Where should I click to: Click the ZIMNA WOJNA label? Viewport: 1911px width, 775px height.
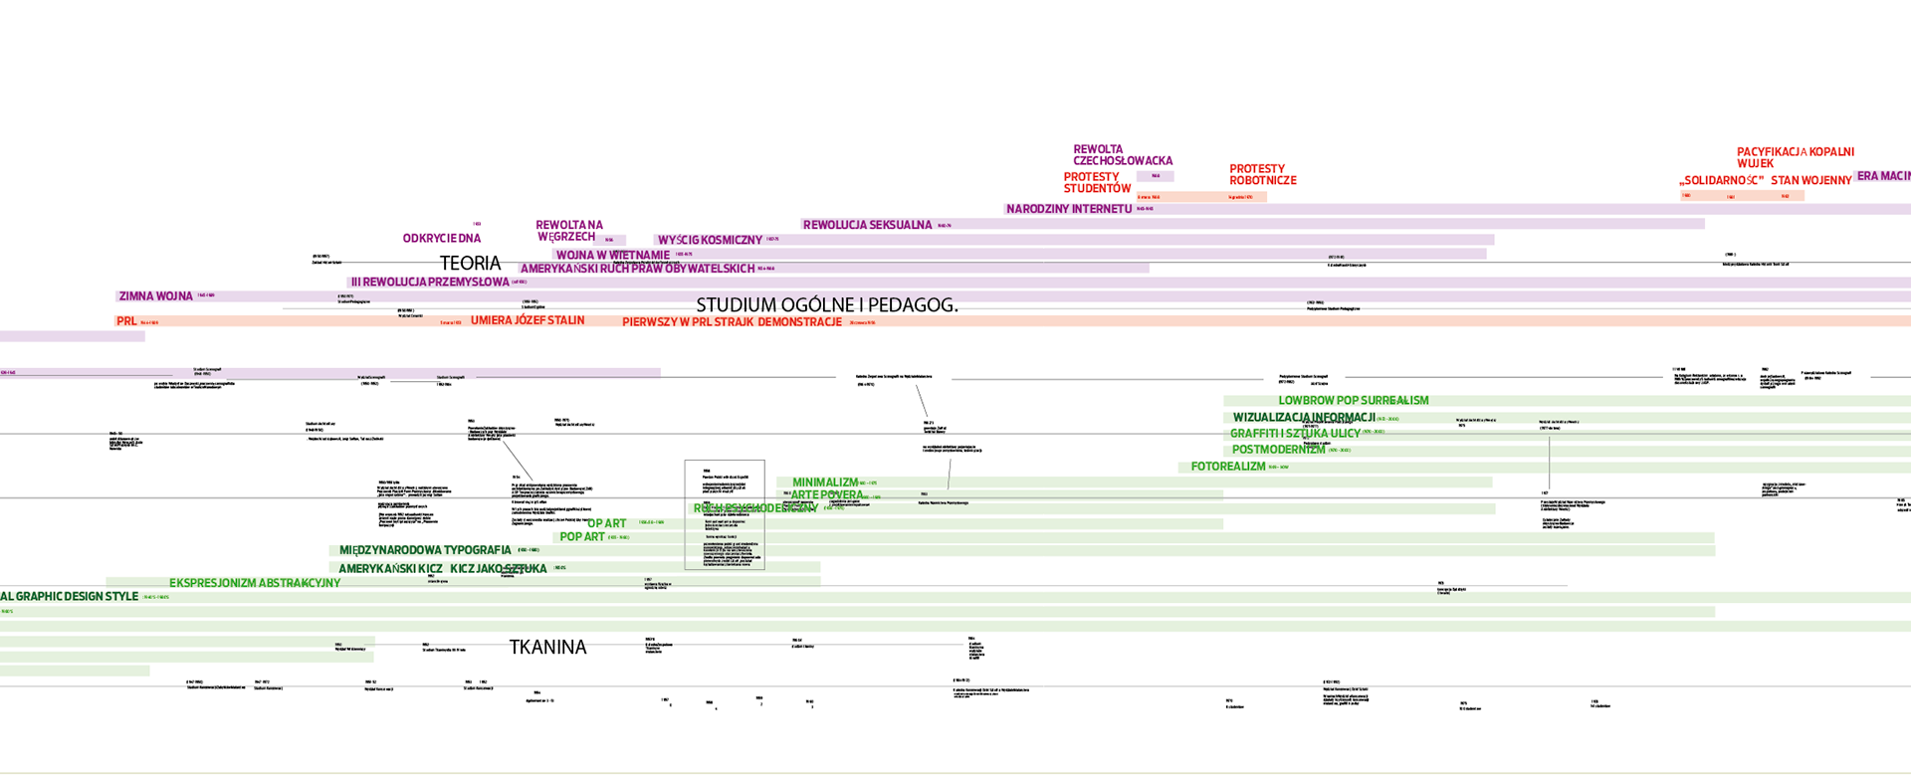(x=155, y=296)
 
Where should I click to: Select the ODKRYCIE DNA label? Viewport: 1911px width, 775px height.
(x=442, y=239)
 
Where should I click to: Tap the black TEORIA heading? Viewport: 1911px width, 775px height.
(x=471, y=264)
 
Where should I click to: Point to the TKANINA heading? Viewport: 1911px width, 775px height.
(x=547, y=648)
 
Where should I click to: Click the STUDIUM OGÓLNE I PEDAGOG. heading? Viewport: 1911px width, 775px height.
(x=827, y=305)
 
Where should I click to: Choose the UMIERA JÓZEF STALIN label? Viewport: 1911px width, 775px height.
(x=528, y=320)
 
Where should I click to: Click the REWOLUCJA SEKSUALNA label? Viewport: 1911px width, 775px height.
(x=867, y=226)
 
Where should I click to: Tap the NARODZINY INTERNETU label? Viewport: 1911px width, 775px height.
(x=1069, y=210)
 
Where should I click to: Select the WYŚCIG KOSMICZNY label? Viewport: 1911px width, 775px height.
(x=710, y=241)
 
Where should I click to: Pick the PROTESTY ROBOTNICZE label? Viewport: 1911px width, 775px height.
(x=1262, y=175)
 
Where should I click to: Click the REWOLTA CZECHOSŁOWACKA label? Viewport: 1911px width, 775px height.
(x=1122, y=155)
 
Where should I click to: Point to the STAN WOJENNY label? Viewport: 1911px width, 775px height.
(x=1810, y=181)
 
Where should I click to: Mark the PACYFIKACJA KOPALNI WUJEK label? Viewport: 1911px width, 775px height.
(x=1795, y=157)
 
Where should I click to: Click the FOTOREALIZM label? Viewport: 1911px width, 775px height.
(x=1228, y=467)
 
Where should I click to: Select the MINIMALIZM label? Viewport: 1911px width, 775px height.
(x=824, y=483)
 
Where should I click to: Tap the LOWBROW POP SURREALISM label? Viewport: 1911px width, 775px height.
(x=1353, y=401)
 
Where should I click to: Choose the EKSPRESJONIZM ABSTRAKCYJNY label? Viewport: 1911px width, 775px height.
(x=255, y=583)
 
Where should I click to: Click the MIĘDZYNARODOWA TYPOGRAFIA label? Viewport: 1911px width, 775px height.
(x=425, y=550)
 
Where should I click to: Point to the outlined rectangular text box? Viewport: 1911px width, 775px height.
(x=725, y=514)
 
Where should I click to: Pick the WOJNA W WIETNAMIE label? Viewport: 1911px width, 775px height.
(x=612, y=256)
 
